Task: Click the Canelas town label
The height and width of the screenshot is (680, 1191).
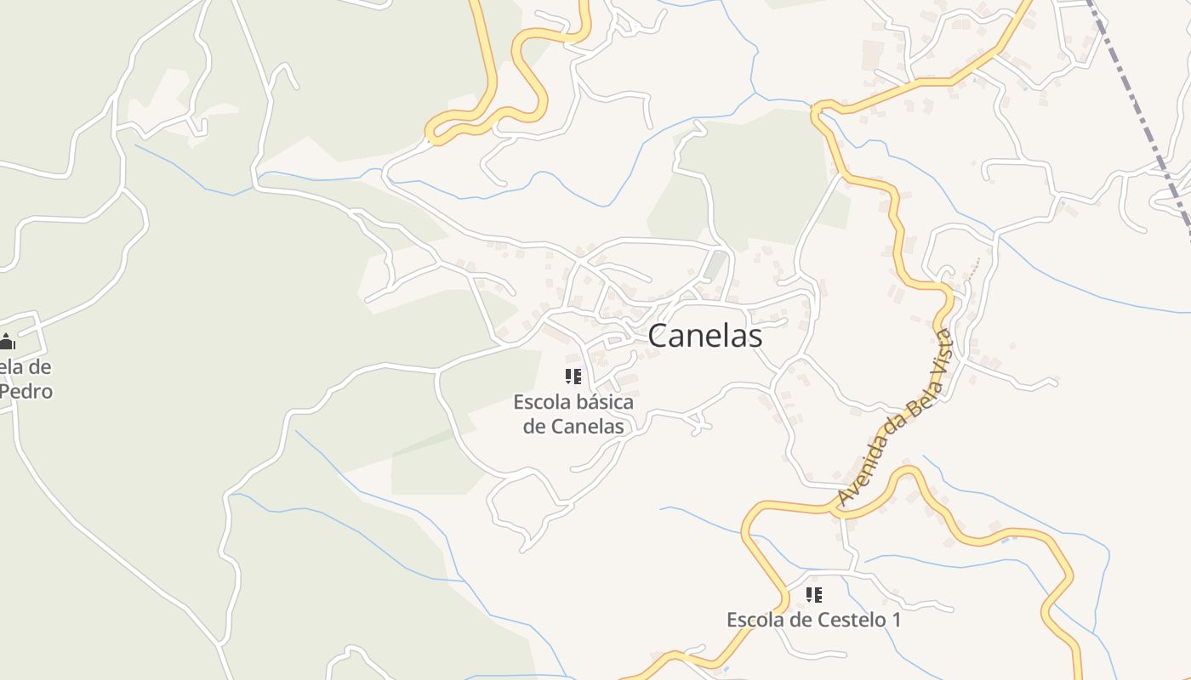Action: tap(704, 336)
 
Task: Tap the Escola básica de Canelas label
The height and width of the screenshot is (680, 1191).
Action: tap(573, 413)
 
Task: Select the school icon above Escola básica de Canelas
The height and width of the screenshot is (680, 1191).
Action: tap(573, 376)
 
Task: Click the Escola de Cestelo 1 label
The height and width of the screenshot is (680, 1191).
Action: tap(813, 620)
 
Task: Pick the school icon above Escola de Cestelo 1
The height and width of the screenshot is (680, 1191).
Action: tap(814, 595)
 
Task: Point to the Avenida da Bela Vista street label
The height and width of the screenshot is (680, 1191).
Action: tap(894, 416)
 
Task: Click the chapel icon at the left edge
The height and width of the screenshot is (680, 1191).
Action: tap(7, 342)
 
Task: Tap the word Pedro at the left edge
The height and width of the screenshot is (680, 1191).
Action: tap(26, 392)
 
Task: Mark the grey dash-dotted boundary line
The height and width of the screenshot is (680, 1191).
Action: tap(1141, 110)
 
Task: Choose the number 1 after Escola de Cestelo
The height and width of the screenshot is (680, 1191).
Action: tap(894, 620)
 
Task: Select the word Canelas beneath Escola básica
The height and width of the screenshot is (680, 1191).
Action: tap(587, 426)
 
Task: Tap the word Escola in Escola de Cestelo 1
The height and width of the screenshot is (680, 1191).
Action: tap(755, 620)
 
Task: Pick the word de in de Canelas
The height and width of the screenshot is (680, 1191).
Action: tap(534, 426)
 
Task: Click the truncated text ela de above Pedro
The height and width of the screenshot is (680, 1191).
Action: tap(26, 367)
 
